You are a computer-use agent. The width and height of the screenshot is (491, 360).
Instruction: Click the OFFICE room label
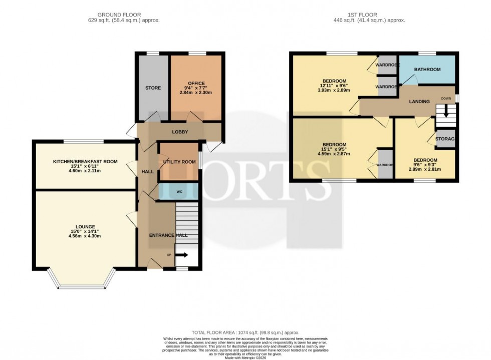pyautogui.click(x=196, y=83)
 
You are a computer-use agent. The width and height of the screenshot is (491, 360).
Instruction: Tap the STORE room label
pyautogui.click(x=153, y=88)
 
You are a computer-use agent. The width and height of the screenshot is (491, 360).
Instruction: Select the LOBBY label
pyautogui.click(x=180, y=132)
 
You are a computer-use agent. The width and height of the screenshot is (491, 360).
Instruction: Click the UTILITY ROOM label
pyautogui.click(x=179, y=162)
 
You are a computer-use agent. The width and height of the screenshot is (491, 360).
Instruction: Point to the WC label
pyautogui.click(x=179, y=192)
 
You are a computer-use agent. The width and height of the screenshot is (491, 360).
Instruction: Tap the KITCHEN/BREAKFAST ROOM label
pyautogui.click(x=85, y=161)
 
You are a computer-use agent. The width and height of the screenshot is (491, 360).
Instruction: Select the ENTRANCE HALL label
pyautogui.click(x=168, y=235)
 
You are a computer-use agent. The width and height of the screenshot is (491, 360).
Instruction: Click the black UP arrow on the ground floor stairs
pyautogui.click(x=182, y=255)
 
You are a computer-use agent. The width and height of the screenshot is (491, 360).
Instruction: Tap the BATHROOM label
pyautogui.click(x=427, y=70)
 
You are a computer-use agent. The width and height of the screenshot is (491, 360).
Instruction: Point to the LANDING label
pyautogui.click(x=419, y=102)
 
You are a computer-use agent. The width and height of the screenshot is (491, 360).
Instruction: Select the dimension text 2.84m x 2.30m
pyautogui.click(x=196, y=93)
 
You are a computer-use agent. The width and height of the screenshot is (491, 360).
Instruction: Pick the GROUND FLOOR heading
pyautogui.click(x=119, y=15)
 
